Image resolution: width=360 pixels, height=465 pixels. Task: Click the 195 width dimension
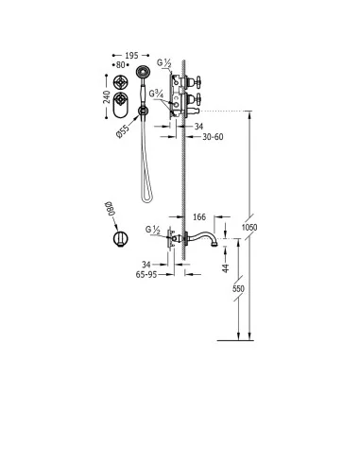pyautogui.click(x=131, y=56)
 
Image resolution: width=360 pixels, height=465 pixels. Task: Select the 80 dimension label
pyautogui.click(x=121, y=65)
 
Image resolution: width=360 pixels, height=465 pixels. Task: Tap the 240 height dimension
pyautogui.click(x=107, y=97)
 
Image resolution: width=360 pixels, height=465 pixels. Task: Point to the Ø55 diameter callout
pyautogui.click(x=123, y=131)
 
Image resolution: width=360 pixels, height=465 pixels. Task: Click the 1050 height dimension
pyautogui.click(x=249, y=227)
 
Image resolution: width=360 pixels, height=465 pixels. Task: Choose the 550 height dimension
pyautogui.click(x=238, y=288)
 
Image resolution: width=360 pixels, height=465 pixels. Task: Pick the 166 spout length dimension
pyautogui.click(x=199, y=217)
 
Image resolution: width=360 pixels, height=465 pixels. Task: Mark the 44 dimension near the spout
pyautogui.click(x=226, y=268)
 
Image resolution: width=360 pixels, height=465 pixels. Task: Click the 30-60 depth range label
pyautogui.click(x=213, y=137)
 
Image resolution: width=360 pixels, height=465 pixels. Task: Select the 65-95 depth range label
pyautogui.click(x=146, y=275)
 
